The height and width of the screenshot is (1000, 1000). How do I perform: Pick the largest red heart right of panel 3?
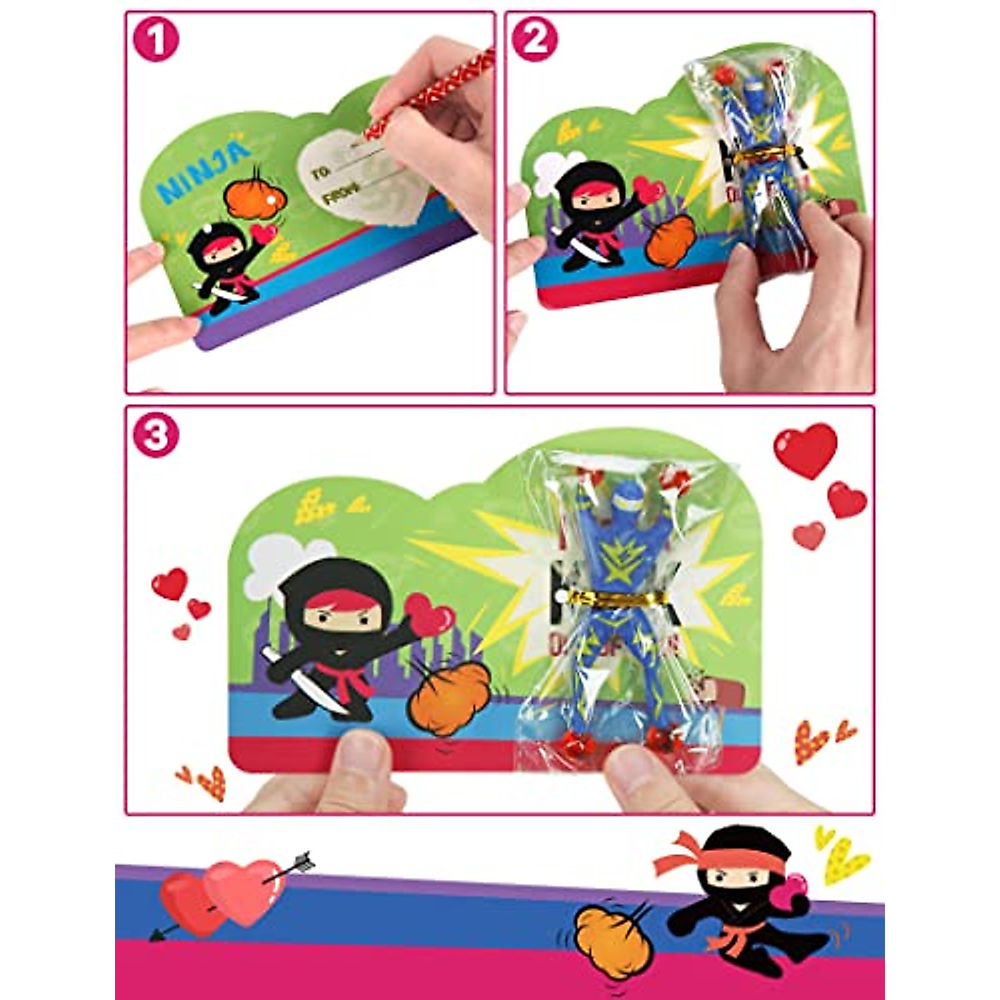tap(805, 450)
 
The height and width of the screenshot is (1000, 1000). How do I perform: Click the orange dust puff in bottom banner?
tap(612, 942)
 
